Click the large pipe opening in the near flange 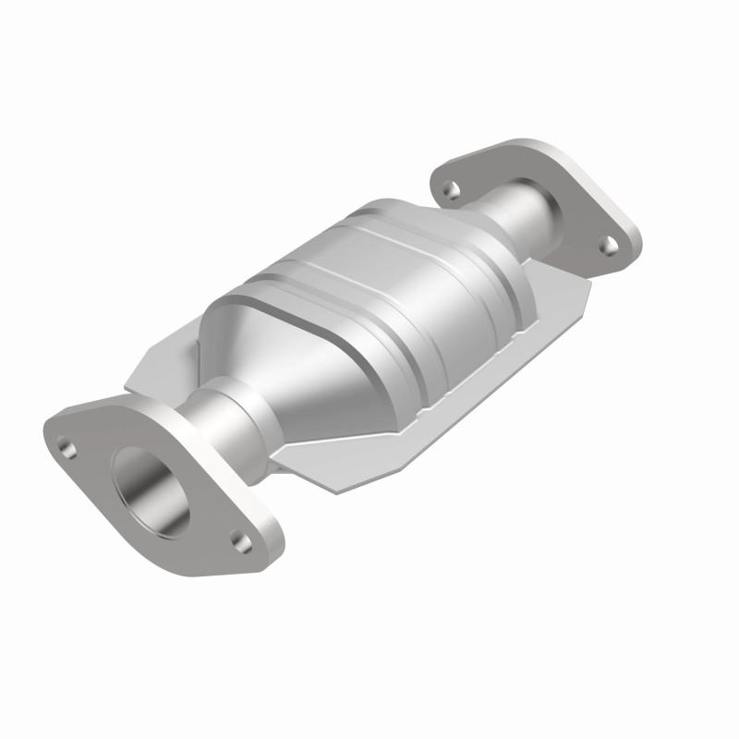(x=153, y=490)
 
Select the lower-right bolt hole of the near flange (x=241, y=542)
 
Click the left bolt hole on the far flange (x=451, y=190)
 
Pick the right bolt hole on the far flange (x=609, y=244)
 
